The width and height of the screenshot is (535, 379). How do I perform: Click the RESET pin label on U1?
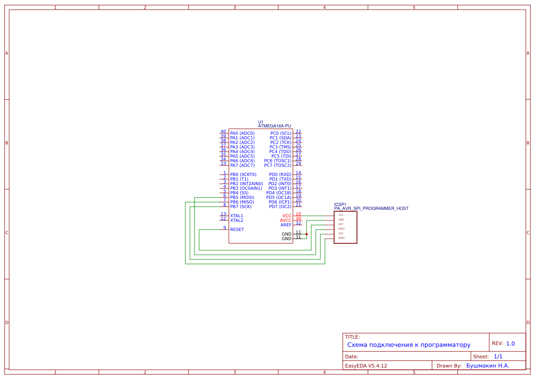pos(237,230)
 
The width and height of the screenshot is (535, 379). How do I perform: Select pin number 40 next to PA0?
pos(223,132)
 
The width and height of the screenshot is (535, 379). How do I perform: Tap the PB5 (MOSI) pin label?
pos(242,198)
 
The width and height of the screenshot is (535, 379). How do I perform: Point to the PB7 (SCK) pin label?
pos(241,207)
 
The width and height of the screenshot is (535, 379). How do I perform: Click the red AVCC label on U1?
pos(286,220)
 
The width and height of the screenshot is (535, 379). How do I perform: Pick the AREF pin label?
pos(286,225)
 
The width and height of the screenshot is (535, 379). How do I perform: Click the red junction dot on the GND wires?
pos(307,234)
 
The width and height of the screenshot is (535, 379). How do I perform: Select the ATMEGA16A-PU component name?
pos(275,126)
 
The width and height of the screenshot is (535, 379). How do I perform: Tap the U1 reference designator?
pos(261,122)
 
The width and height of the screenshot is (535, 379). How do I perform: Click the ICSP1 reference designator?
pos(340,204)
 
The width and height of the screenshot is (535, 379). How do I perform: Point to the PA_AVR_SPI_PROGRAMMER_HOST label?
pos(371,209)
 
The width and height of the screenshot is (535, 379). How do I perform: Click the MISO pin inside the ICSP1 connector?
pos(341,238)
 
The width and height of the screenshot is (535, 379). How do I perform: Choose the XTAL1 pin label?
pos(237,216)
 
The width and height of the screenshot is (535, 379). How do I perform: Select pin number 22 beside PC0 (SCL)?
pos(298,132)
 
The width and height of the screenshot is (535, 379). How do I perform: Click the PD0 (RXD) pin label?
pos(280,175)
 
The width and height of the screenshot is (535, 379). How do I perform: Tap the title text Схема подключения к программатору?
pos(409,345)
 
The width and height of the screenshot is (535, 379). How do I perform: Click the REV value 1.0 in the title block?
pos(510,344)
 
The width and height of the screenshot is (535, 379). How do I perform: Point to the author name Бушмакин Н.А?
pos(488,366)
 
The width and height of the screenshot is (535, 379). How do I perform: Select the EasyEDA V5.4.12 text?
pos(366,366)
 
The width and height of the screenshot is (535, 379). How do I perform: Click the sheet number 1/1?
pos(498,357)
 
